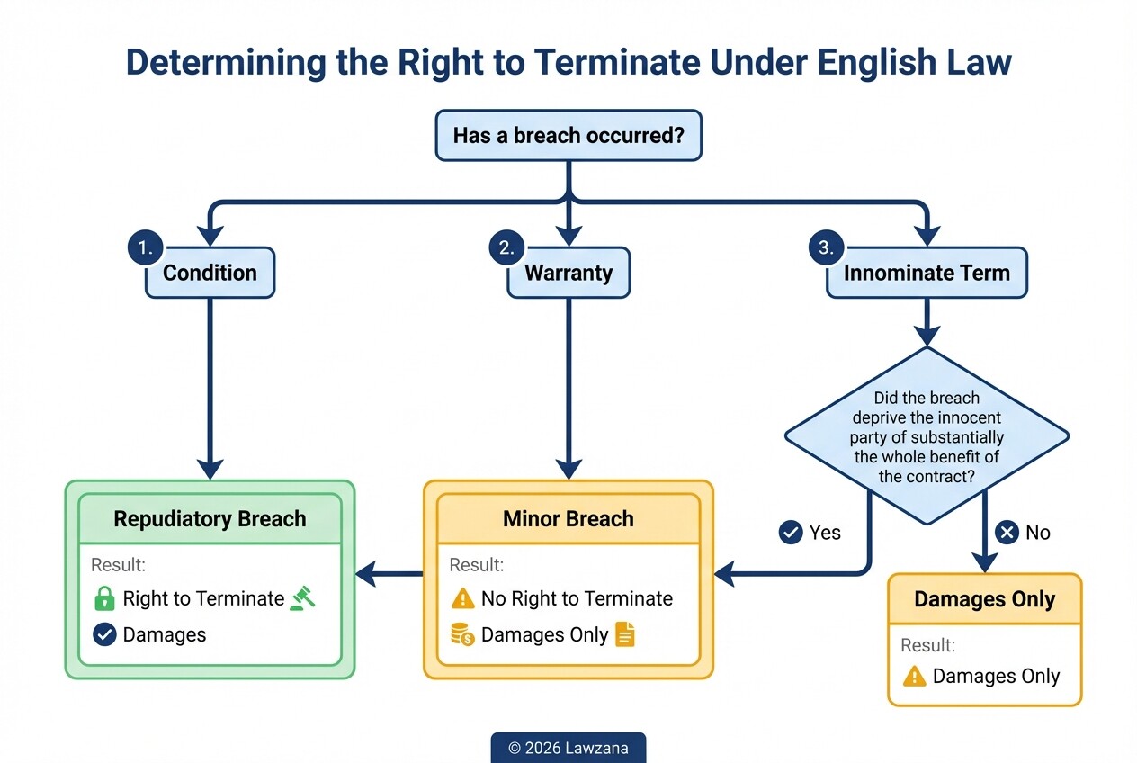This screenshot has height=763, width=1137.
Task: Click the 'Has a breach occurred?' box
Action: (x=568, y=136)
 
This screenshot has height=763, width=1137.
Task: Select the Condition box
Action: (x=210, y=273)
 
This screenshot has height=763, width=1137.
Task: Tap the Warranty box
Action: (x=568, y=273)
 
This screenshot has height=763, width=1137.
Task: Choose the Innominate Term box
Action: (x=927, y=273)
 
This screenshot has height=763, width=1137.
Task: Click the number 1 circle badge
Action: (x=145, y=247)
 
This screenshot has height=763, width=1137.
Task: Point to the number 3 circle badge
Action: (x=826, y=247)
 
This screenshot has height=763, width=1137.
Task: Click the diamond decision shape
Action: (x=927, y=436)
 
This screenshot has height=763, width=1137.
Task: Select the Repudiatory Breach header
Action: (x=210, y=519)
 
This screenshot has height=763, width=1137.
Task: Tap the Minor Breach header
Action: (x=568, y=519)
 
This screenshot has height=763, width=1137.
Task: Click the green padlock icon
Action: (x=104, y=598)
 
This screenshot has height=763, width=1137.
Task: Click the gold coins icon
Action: (x=462, y=635)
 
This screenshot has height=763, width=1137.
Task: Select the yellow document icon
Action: (x=625, y=634)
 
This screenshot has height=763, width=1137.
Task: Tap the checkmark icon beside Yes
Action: (x=790, y=533)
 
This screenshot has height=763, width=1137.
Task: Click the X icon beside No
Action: (x=1007, y=533)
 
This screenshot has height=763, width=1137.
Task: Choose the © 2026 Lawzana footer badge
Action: (x=568, y=748)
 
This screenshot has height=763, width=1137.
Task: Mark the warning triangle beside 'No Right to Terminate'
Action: (x=462, y=598)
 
